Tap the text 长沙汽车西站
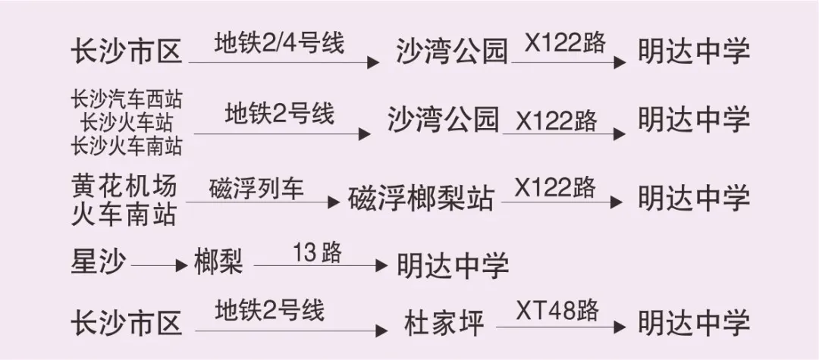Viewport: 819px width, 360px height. pos(127,99)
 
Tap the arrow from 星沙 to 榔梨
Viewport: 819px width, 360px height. pos(158,265)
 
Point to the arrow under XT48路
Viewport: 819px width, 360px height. pos(561,327)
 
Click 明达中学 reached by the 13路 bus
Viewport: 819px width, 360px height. pos(453,265)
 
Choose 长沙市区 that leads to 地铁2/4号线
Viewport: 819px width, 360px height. pos(127,52)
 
